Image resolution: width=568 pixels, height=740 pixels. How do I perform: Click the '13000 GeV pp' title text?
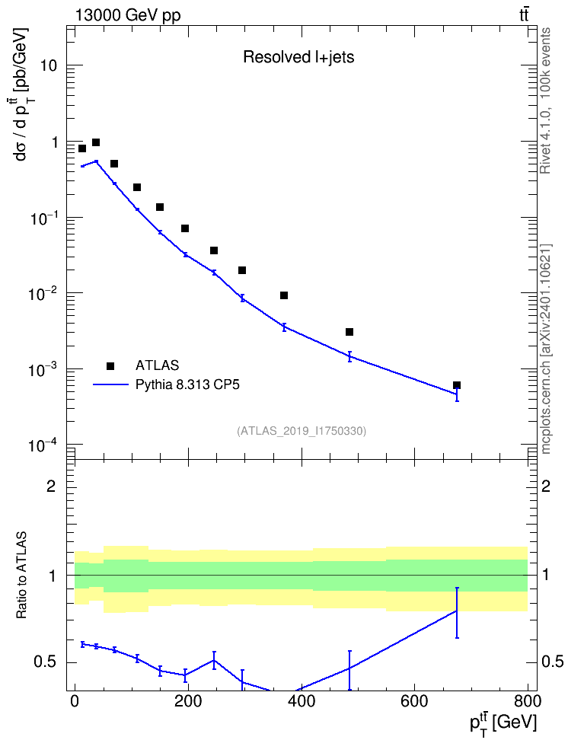[x=128, y=15]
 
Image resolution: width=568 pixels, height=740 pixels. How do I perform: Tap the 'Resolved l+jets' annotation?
[x=298, y=57]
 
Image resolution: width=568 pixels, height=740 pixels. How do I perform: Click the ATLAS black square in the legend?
[x=110, y=365]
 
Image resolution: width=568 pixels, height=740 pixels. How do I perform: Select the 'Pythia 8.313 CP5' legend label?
[x=187, y=384]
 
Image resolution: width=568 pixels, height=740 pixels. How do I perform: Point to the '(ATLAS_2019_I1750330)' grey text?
[x=302, y=430]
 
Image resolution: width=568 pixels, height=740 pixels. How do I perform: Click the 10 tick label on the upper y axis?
[x=49, y=65]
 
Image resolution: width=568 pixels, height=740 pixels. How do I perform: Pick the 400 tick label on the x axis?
[x=302, y=701]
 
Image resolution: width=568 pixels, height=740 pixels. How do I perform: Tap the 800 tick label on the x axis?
[x=528, y=701]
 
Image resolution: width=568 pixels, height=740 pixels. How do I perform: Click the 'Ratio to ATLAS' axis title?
[x=21, y=575]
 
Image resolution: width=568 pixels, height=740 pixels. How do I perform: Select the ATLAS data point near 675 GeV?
[x=457, y=385]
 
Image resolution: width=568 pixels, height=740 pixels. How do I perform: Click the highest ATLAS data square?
[x=96, y=142]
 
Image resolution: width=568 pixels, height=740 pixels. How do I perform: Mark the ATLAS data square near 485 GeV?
[x=349, y=332]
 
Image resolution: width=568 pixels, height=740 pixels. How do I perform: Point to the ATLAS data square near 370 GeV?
[x=284, y=295]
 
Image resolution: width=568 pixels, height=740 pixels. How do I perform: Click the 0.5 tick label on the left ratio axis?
[x=46, y=662]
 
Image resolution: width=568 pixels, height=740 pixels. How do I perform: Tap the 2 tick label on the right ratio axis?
[x=546, y=486]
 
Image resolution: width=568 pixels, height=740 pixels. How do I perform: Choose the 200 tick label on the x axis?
[x=188, y=701]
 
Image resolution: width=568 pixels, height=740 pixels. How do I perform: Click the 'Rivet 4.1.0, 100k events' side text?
[x=545, y=100]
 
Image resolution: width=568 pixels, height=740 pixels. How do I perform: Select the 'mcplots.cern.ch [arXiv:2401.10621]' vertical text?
[x=545, y=349]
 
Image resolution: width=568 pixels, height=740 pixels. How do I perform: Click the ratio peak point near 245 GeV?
[x=214, y=660]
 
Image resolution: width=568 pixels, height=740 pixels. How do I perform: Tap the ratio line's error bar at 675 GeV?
[x=457, y=613]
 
